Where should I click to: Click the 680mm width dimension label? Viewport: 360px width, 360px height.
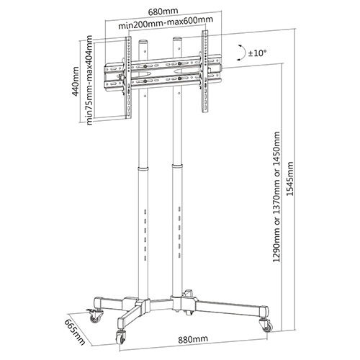pyautogui.click(x=163, y=12)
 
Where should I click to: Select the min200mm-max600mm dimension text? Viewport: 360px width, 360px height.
pyautogui.click(x=166, y=23)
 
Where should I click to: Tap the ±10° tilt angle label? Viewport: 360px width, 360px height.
pyautogui.click(x=257, y=53)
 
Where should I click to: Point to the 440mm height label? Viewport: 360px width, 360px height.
pyautogui.click(x=76, y=81)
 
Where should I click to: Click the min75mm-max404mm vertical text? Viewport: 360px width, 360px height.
pyautogui.click(x=89, y=80)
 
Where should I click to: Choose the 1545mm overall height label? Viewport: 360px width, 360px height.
pyautogui.click(x=290, y=179)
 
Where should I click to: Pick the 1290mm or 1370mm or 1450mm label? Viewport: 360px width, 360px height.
pyautogui.click(x=276, y=197)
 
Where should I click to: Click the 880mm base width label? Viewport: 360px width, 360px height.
pyautogui.click(x=193, y=339)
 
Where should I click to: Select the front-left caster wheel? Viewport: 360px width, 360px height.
pyautogui.click(x=121, y=336)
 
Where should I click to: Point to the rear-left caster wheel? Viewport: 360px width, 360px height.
pyautogui.click(x=94, y=315)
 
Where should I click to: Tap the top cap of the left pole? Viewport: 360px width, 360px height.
pyautogui.click(x=143, y=41)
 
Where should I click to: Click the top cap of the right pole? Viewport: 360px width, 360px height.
pyautogui.click(x=178, y=39)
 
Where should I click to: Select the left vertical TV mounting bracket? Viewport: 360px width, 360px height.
pyautogui.click(x=127, y=78)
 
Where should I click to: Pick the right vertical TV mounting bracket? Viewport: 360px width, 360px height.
pyautogui.click(x=204, y=71)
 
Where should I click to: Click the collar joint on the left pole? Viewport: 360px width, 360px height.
pyautogui.click(x=143, y=168)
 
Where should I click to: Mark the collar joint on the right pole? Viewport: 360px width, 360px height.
pyautogui.click(x=177, y=166)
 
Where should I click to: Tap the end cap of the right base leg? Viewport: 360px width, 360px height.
pyautogui.click(x=265, y=311)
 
